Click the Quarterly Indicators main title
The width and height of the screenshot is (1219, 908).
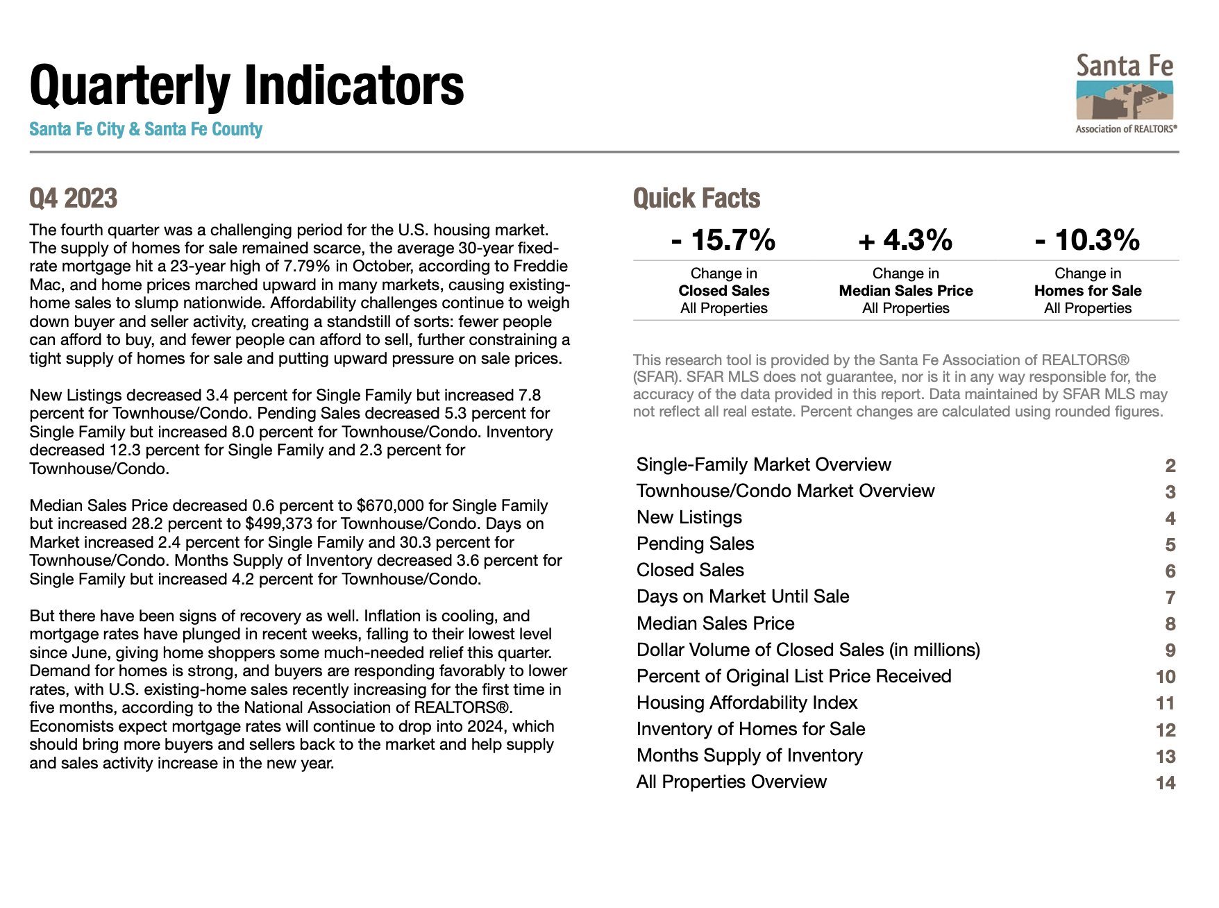(x=246, y=85)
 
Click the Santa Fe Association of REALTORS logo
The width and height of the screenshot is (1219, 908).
(x=1125, y=94)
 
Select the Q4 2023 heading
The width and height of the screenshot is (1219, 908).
(x=73, y=199)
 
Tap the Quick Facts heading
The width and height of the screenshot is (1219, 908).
(x=696, y=199)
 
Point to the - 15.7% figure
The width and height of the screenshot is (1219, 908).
(x=723, y=240)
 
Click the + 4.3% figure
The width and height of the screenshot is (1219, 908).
(x=905, y=240)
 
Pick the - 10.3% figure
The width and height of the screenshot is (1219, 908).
(x=1087, y=240)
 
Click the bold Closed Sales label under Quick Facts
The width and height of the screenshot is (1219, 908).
(x=724, y=291)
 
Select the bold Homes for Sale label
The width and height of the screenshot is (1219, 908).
(x=1088, y=291)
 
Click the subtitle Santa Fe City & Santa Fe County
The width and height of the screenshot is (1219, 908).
(x=146, y=130)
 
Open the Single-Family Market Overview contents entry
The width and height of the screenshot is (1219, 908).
(x=764, y=464)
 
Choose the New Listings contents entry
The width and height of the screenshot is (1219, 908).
(x=689, y=517)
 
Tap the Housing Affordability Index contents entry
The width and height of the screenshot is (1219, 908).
(x=747, y=703)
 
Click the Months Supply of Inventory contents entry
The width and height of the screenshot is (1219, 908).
(x=750, y=755)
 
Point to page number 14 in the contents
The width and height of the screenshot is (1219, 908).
(x=1166, y=783)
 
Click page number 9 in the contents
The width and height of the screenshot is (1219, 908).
(x=1170, y=650)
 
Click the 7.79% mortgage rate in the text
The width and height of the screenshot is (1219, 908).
(x=307, y=266)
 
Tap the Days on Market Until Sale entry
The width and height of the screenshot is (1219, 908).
(x=743, y=596)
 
